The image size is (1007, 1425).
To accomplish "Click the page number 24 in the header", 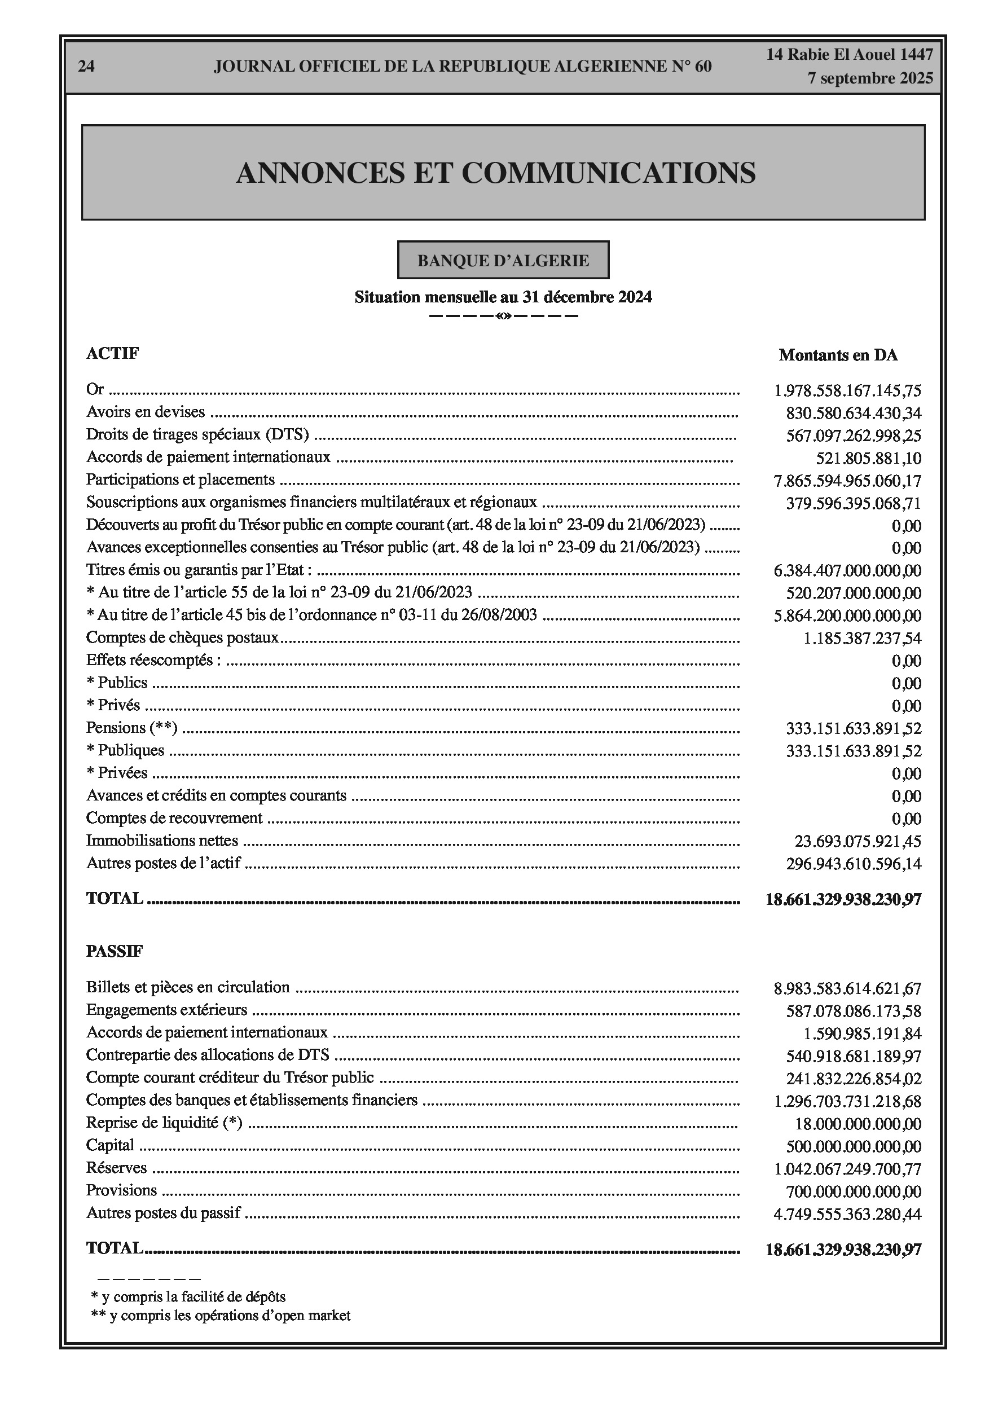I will pos(86,67).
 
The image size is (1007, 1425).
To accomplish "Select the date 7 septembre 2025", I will pos(870,78).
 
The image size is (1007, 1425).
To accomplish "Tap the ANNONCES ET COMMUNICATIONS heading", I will pos(495,173).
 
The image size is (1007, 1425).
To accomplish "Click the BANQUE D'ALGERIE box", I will pos(503,260).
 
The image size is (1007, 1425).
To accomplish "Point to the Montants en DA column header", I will pos(838,355).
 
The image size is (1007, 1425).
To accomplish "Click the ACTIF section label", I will pos(112,353).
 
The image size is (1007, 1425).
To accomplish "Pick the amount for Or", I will pos(847,391).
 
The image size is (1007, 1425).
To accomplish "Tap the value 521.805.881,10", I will pos(868,459).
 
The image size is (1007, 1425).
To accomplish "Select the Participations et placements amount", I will pos(847,481).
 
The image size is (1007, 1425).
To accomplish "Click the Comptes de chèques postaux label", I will pos(182,637).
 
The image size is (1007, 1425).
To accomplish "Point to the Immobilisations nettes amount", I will pos(858,842).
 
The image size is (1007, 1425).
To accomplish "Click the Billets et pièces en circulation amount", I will pos(847,989).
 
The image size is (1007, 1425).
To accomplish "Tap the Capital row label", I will pos(110,1145).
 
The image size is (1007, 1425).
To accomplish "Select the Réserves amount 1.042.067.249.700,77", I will pos(847,1169).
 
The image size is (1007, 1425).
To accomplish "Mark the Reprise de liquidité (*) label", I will pos(164,1123).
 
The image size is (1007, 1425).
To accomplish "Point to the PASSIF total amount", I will pos(843,1250).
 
